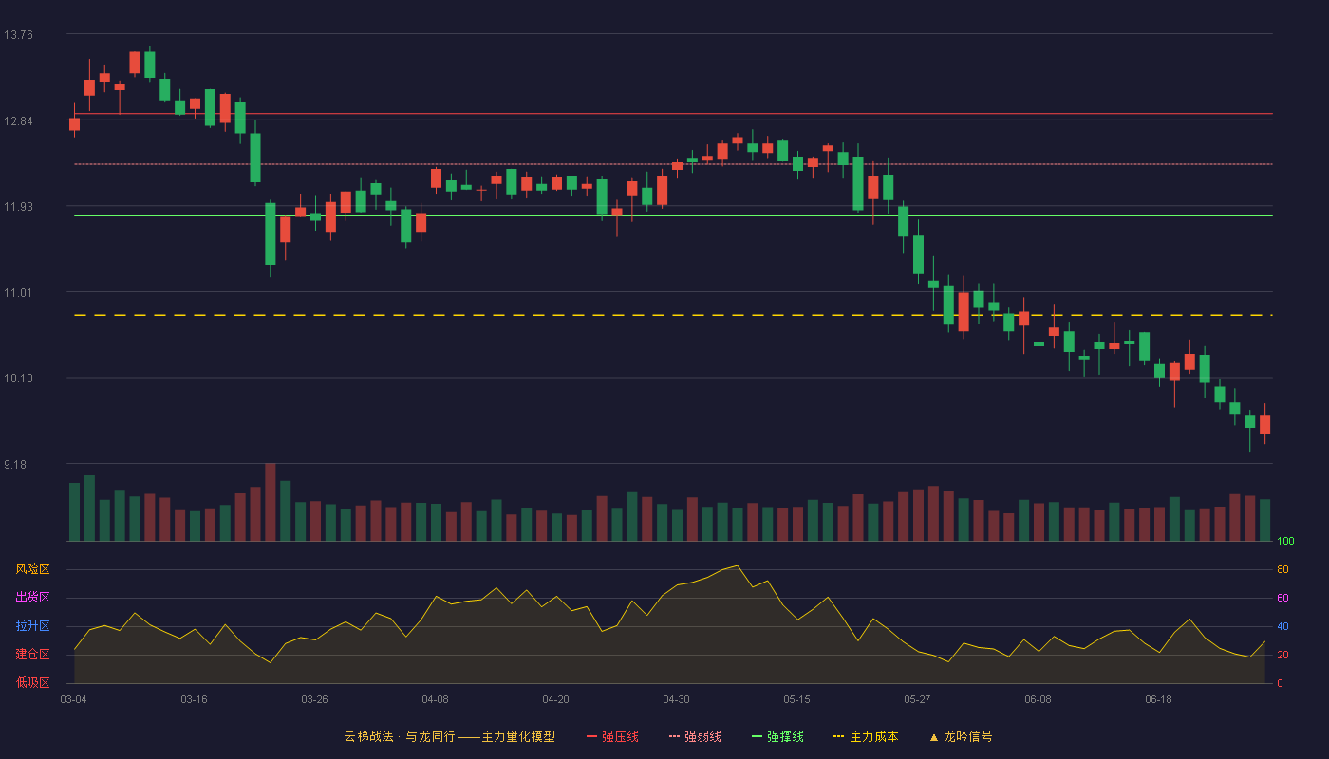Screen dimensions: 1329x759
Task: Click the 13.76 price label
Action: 18,35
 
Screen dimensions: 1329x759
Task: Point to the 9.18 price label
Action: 15,464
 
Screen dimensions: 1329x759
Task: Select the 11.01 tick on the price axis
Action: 18,293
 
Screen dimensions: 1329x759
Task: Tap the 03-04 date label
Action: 74,700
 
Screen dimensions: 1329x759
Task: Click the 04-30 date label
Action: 676,700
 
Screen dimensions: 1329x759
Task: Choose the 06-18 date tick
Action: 1159,700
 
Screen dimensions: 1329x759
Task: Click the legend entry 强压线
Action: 613,736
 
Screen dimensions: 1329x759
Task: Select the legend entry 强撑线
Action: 777,736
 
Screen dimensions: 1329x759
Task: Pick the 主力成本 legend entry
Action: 866,736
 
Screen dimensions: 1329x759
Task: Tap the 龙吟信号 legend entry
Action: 961,736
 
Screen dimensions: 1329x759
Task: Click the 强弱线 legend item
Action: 695,736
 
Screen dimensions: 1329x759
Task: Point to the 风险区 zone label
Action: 32,569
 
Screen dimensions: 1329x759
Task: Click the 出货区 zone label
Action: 32,597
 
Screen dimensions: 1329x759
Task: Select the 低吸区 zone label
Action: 32,682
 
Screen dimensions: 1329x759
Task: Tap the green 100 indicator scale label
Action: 1285,541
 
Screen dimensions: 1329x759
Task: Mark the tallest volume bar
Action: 271,502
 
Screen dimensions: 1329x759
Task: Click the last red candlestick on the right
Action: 1264,424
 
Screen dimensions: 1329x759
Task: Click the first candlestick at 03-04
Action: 74,124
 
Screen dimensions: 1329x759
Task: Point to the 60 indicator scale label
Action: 1282,598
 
